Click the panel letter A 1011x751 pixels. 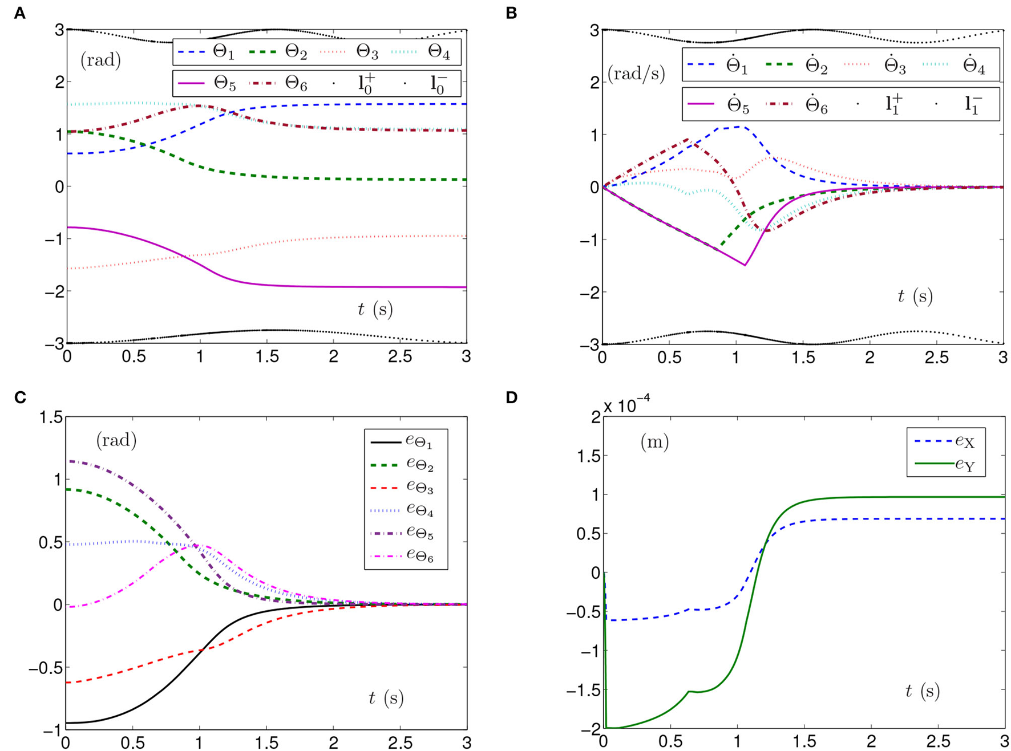19,13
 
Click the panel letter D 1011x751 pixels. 511,397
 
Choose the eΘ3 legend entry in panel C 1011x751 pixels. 419,488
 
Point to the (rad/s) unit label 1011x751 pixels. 636,74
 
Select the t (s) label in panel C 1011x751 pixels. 386,697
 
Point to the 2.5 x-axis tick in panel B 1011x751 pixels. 936,358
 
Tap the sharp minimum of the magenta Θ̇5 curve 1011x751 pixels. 745,265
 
